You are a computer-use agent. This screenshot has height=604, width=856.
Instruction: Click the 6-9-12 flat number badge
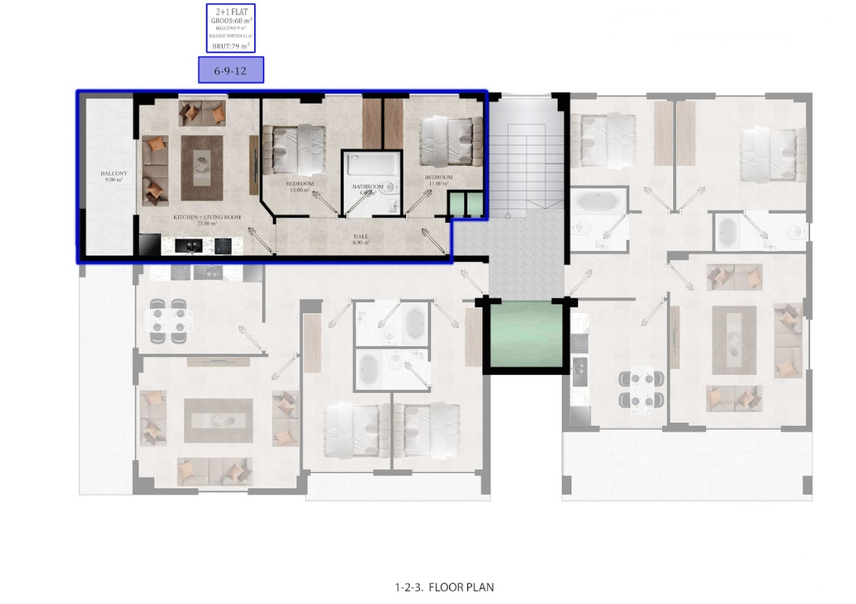coord(231,71)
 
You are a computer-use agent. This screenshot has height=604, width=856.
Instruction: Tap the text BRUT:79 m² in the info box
coord(231,46)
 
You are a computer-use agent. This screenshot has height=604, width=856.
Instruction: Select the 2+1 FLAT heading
coord(231,12)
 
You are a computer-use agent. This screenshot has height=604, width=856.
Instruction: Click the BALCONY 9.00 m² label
coord(114,176)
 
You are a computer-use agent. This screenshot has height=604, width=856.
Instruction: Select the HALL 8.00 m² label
coord(361,239)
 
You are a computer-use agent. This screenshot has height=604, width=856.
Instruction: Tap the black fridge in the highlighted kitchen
coord(149,245)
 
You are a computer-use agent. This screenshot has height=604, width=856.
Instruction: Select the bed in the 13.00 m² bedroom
coord(293,148)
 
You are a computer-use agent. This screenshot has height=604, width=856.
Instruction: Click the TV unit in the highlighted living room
coord(254,164)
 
